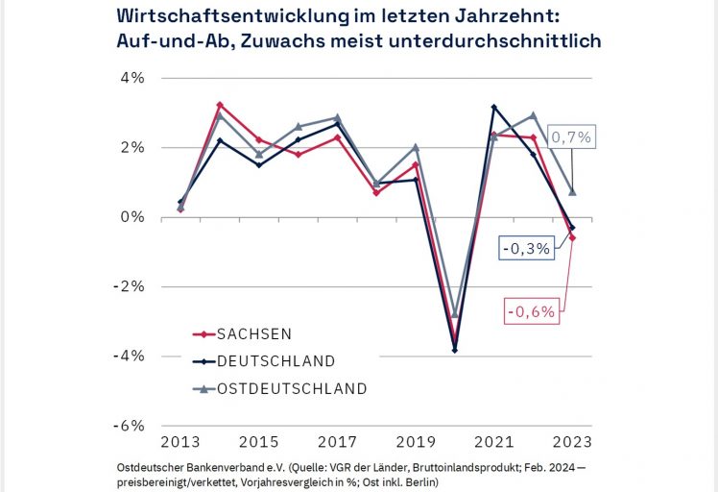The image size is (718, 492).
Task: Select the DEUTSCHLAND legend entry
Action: point(275,361)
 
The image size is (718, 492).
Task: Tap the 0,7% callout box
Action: point(570,137)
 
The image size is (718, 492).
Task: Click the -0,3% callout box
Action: point(525,247)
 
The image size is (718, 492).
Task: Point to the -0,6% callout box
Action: point(531,311)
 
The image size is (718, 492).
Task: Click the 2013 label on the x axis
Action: point(180,442)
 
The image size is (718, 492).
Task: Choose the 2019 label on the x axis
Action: point(416,442)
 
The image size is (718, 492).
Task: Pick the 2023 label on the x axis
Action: point(572,442)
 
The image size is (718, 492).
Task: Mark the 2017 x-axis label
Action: point(337,442)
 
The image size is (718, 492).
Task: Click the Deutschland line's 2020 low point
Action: point(454,350)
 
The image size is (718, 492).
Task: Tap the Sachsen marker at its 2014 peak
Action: point(220,105)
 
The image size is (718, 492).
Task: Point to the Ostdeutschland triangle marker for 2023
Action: point(572,192)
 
